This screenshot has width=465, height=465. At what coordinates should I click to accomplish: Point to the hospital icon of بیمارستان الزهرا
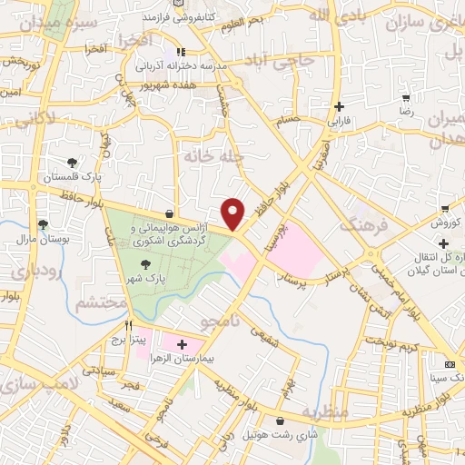(x=182, y=345)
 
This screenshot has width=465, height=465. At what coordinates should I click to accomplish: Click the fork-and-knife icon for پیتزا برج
(x=129, y=326)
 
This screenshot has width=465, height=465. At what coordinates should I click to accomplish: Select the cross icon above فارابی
(x=338, y=106)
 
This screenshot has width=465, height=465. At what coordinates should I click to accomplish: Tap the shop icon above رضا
(x=406, y=97)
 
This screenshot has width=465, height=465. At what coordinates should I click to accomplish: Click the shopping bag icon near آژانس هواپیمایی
(x=170, y=212)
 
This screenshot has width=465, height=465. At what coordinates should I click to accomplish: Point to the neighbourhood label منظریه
(x=325, y=413)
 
